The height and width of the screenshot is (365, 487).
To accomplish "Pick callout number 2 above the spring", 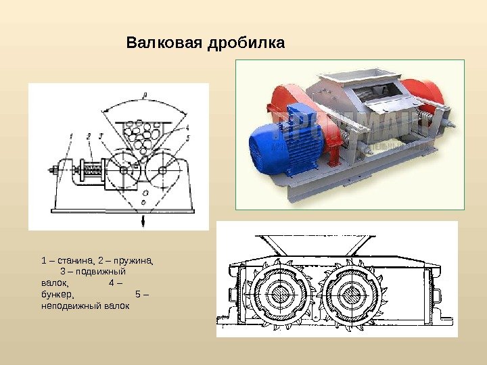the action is coord(89,135).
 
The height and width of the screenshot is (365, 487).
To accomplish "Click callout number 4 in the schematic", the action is coord(187,126).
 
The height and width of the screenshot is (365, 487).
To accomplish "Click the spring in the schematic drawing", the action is coord(91,172).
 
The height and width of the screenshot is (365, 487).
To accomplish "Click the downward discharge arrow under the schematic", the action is coord(143,221).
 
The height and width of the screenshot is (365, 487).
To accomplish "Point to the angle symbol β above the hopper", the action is coord(145,95).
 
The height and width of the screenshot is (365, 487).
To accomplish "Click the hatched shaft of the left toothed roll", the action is coord(280,295).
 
